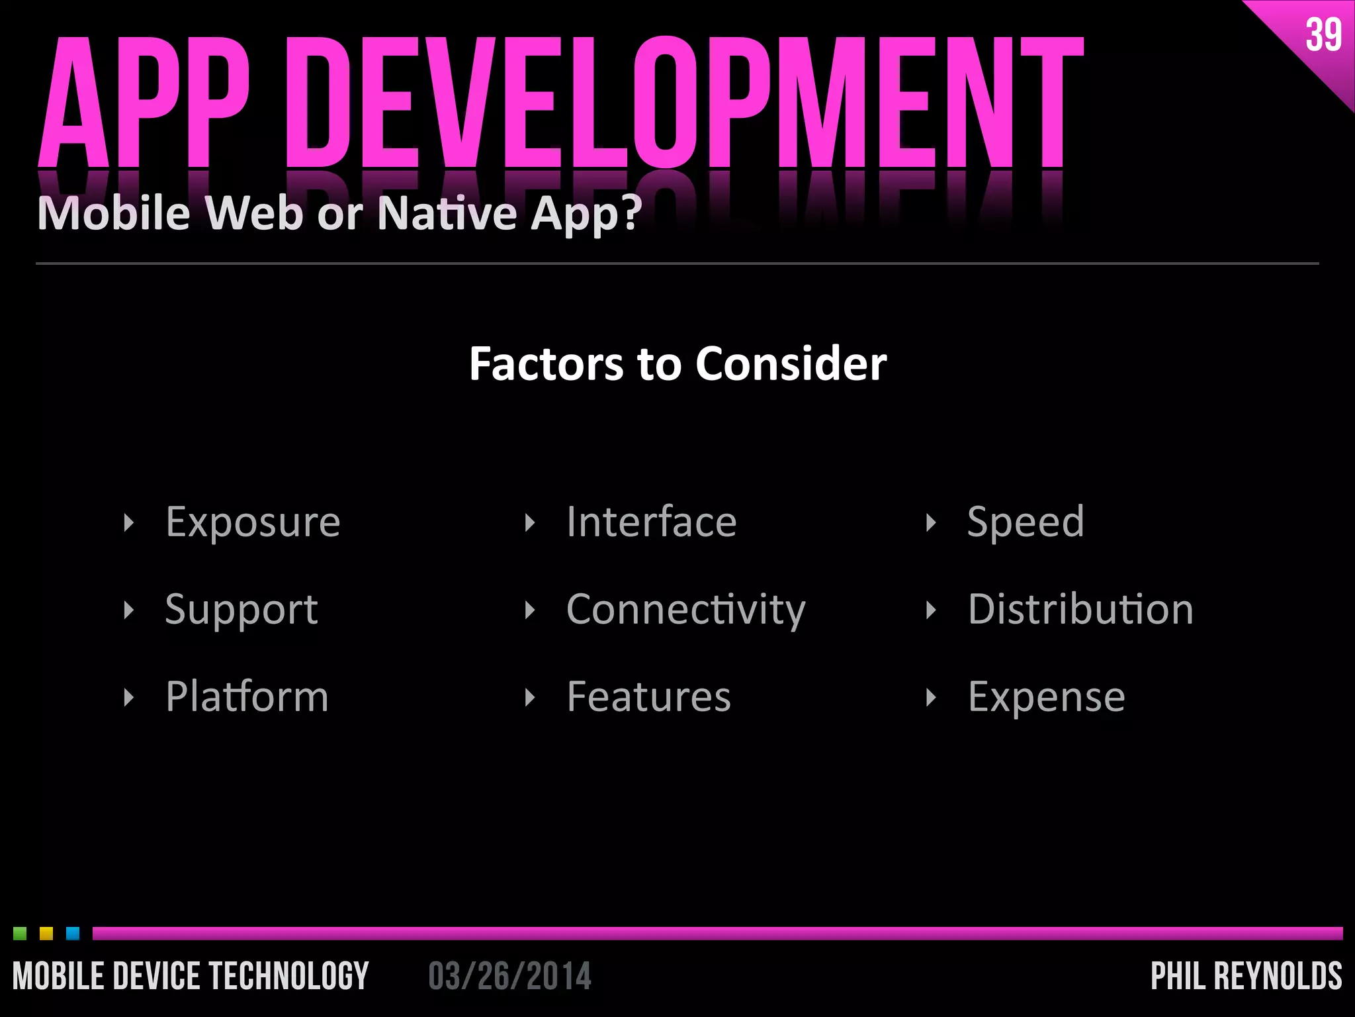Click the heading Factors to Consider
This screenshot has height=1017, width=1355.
point(677,363)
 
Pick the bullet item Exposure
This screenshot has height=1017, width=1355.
point(253,522)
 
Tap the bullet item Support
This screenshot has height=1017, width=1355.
point(241,610)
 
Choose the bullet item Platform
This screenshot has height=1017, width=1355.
point(247,697)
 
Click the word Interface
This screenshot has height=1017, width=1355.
point(651,522)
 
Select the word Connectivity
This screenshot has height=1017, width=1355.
point(685,610)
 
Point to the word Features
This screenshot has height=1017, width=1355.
point(648,697)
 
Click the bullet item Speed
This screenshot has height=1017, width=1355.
point(1026,522)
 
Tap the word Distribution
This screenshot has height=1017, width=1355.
point(1080,610)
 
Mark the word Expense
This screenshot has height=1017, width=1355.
point(1046,697)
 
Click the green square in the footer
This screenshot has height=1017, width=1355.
point(20,934)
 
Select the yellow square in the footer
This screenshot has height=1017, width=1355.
point(46,934)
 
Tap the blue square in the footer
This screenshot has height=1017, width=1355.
point(73,934)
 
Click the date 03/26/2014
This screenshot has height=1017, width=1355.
point(509,977)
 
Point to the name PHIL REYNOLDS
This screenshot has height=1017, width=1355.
point(1246,977)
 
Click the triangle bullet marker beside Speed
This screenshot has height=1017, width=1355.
point(931,523)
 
